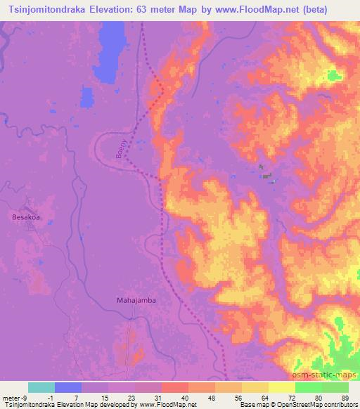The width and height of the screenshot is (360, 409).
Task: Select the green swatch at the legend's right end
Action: pyautogui.click(x=335, y=387)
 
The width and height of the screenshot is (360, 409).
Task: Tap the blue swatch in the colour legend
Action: pyautogui.click(x=68, y=387)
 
